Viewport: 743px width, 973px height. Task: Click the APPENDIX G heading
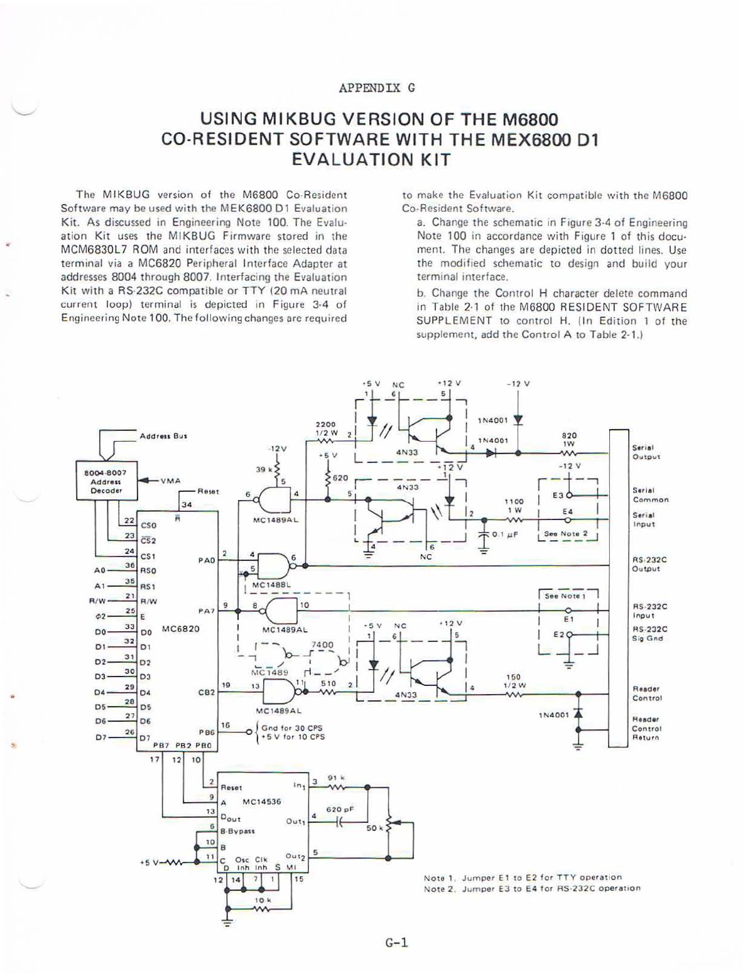pos(377,88)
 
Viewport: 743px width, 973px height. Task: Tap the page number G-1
pos(397,942)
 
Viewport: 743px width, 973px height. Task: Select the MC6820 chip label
pos(181,628)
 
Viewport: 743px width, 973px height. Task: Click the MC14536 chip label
pos(262,802)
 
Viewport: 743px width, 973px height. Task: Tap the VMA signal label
pos(170,481)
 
